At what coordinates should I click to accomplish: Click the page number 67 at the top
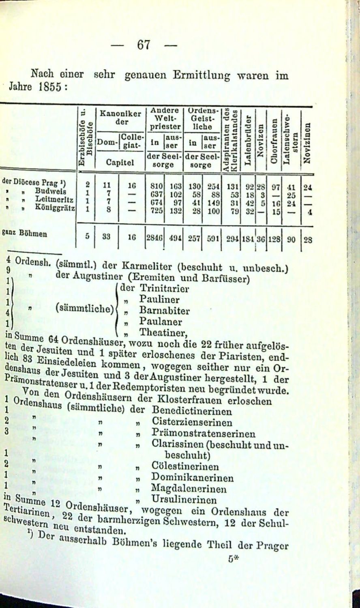[x=144, y=45]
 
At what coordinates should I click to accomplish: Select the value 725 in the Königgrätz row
[x=156, y=210]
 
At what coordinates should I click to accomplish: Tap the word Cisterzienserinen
[x=192, y=422]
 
